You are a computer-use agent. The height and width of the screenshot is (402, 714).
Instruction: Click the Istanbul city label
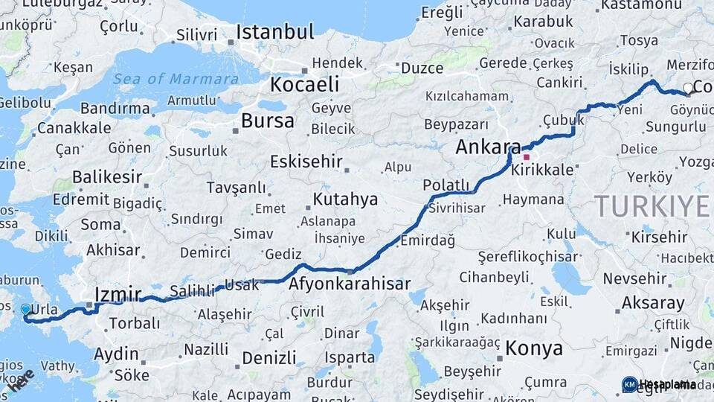275,32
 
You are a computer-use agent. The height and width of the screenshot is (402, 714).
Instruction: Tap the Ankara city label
487,147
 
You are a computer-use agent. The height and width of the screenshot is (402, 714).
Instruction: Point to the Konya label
534,348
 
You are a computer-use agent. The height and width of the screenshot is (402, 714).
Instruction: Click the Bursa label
268,121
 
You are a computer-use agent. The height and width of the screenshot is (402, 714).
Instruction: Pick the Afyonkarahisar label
350,284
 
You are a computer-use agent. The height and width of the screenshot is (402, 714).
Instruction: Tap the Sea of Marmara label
176,79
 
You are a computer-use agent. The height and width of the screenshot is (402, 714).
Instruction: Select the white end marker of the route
688,89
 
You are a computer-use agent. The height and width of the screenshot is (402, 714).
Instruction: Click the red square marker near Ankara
527,157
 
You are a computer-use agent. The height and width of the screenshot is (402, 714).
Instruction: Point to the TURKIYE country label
652,205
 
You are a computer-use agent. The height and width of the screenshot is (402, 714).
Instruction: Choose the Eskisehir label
306,162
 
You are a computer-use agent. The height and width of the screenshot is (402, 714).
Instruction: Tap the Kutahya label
345,200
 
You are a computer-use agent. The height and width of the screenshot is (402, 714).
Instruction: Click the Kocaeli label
304,84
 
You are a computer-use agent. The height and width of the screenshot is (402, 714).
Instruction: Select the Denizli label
269,357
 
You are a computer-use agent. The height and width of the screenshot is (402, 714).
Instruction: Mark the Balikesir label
107,177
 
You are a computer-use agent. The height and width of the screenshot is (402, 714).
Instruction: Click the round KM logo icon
629,384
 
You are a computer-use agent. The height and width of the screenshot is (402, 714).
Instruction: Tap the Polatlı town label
446,185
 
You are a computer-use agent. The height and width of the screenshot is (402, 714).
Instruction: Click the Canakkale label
74,128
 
